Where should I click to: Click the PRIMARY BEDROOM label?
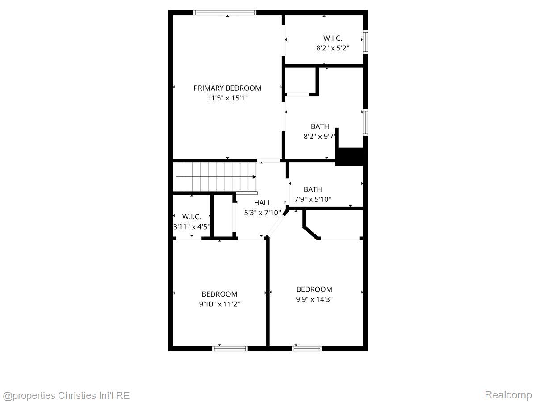pos(227,88)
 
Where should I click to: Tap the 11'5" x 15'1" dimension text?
pos(227,98)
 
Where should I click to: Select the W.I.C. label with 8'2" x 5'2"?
pos(332,38)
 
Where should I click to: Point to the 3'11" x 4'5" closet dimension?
pos(191,226)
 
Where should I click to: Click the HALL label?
pos(262,203)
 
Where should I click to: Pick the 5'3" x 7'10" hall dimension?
pos(262,213)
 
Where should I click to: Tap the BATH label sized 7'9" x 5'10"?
pos(313,189)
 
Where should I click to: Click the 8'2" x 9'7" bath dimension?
pos(319,136)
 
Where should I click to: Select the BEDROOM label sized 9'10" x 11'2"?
pos(219,294)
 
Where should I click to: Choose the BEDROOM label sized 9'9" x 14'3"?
pos(314,289)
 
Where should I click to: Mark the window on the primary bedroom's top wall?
pos(225,13)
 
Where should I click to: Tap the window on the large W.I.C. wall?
pos(365,42)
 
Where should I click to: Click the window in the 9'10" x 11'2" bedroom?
pos(230,348)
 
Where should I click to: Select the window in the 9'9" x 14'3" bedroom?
pos(307,348)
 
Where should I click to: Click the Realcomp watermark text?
pos(508,395)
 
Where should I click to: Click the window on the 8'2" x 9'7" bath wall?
pos(365,122)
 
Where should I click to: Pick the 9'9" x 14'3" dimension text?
pos(314,299)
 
